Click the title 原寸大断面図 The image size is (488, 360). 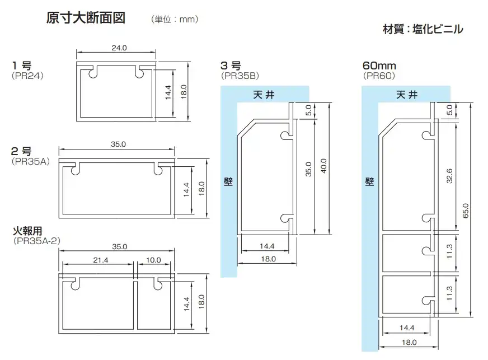coord(85,17)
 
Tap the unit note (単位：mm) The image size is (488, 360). coord(175,19)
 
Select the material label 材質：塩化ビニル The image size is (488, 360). coord(423,29)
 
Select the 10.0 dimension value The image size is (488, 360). coord(152,260)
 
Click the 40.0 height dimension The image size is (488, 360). coord(323,169)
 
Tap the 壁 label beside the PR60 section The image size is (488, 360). coord(369,182)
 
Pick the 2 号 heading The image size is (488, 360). coord(22,151)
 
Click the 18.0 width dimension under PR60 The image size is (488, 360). coord(409,342)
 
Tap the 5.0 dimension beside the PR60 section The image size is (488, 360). coord(450,111)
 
